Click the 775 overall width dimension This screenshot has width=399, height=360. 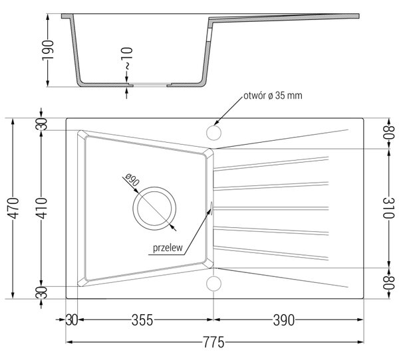click(x=213, y=342)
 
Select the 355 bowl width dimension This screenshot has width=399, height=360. click(x=142, y=320)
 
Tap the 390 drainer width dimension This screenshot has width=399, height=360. click(x=284, y=320)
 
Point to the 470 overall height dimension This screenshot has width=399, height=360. click(x=13, y=208)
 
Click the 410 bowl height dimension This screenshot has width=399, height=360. click(x=41, y=208)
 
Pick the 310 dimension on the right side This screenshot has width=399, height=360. click(x=388, y=208)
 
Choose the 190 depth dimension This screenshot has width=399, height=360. click(x=48, y=50)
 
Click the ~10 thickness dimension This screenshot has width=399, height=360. click(x=126, y=58)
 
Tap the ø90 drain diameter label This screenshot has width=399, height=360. click(x=132, y=180)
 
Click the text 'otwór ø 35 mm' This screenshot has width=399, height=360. click(x=273, y=96)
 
